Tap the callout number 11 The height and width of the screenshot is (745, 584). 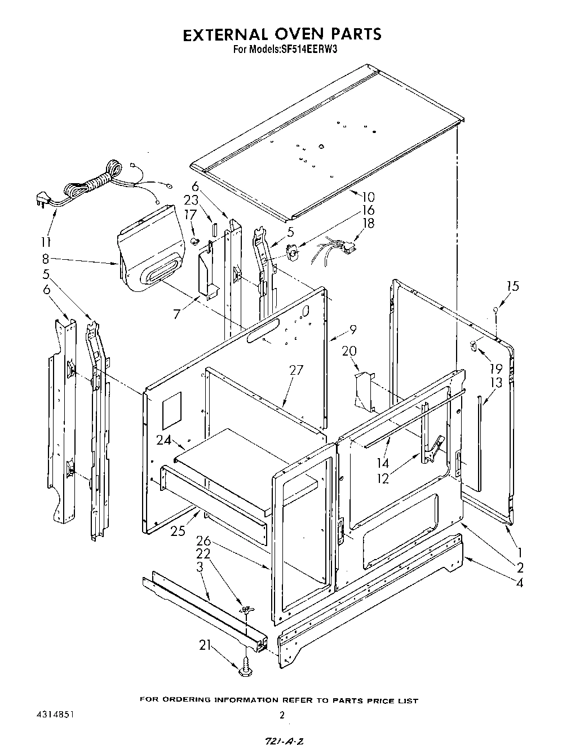pos(46,242)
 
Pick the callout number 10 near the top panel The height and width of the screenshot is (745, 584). pos(368,197)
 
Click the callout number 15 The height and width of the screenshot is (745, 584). pos(512,286)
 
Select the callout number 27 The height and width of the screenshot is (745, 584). pos(296,370)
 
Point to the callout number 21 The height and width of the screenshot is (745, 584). pos(205,645)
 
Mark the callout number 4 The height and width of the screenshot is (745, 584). pos(519,583)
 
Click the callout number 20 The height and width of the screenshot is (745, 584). pos(349,351)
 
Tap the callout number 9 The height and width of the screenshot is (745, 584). pos(353,329)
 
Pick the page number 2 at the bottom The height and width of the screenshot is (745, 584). pos(281,714)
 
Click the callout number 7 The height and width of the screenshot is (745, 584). pos(177,314)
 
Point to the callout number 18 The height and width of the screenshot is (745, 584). pos(369,223)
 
